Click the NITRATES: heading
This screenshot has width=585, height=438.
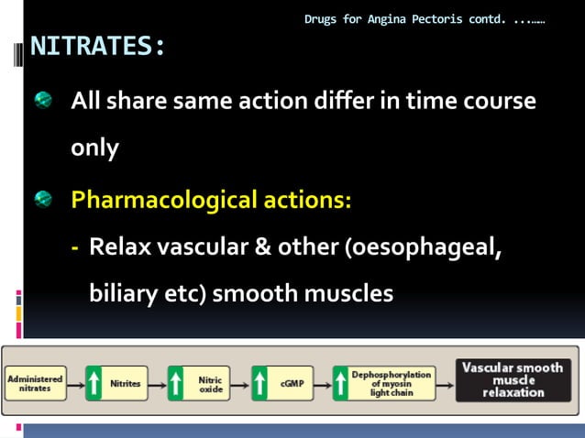98,47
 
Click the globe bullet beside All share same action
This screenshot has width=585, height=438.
45,101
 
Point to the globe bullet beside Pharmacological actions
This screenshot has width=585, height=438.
45,199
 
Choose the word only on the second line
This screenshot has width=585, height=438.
95,149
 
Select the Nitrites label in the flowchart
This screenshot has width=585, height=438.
125,384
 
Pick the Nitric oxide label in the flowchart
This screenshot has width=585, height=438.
210,383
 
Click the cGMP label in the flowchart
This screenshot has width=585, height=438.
292,384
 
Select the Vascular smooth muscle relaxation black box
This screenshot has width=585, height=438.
513,379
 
